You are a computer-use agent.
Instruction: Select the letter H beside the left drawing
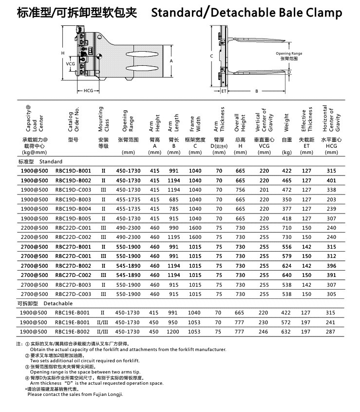click(62, 53)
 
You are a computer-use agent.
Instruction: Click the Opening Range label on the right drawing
click(289, 53)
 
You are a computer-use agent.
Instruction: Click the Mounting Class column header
click(103, 119)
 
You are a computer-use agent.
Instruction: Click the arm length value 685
click(174, 199)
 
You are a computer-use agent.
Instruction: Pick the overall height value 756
click(240, 190)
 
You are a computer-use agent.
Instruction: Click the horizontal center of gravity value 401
click(331, 180)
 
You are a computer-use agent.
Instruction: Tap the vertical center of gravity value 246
click(264, 332)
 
